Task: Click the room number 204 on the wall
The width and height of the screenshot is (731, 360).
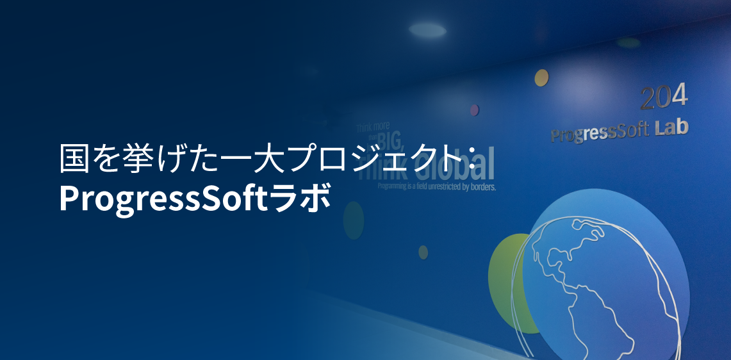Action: [x=664, y=97]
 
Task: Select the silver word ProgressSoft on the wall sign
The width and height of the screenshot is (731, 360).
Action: [x=599, y=133]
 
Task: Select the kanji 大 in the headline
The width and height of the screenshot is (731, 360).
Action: [x=267, y=160]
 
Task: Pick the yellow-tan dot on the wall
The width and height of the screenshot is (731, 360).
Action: [x=541, y=78]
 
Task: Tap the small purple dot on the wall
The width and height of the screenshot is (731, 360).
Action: [x=474, y=110]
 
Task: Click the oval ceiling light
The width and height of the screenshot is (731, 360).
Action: [x=427, y=29]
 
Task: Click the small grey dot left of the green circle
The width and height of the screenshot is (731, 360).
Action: [x=423, y=252]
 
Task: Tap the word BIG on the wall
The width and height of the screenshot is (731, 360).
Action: [x=391, y=140]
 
